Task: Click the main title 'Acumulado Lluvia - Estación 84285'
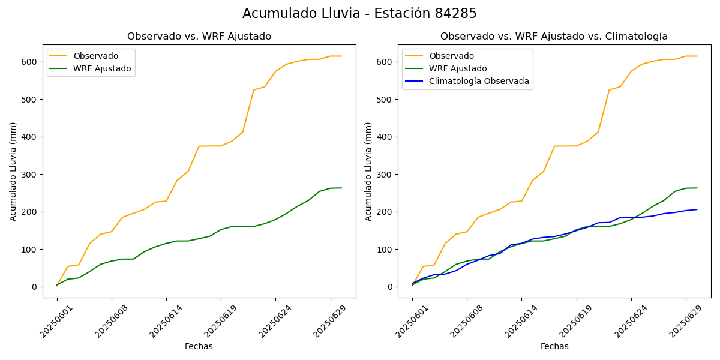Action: tap(359, 13)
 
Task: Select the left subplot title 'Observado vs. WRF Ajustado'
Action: tap(199, 37)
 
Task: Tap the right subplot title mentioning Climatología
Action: tap(554, 37)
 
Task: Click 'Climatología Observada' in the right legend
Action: tap(479, 82)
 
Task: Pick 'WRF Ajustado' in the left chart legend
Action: tap(102, 68)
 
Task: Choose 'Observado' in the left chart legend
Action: tap(96, 56)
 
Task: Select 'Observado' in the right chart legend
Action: tap(451, 56)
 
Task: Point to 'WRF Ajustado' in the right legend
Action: tap(457, 68)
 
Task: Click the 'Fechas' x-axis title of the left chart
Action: tap(199, 346)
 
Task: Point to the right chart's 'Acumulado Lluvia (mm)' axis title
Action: tap(369, 172)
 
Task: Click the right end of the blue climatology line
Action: tap(697, 209)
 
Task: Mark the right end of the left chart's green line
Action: tap(341, 188)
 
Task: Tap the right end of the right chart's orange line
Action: tap(697, 56)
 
